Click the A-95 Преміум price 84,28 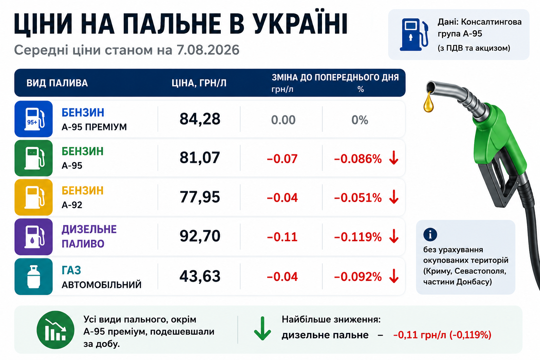tap(200, 119)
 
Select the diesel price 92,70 tap(200, 236)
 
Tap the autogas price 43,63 tap(200, 276)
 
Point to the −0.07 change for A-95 tap(282, 159)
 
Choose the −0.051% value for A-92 tap(358, 198)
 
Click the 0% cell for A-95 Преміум tap(360, 120)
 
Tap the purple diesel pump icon tap(33, 237)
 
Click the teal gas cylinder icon tap(33, 277)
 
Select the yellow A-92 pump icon tap(33, 197)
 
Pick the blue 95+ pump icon tap(33, 119)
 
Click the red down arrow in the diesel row tap(394, 236)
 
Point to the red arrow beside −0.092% tap(394, 276)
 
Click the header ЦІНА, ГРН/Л tap(199, 83)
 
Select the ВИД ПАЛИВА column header tap(57, 83)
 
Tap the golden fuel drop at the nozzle tap(429, 102)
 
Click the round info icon tap(430, 234)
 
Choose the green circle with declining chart tap(56, 330)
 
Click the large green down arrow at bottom tap(263, 328)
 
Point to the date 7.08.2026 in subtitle tap(208, 50)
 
